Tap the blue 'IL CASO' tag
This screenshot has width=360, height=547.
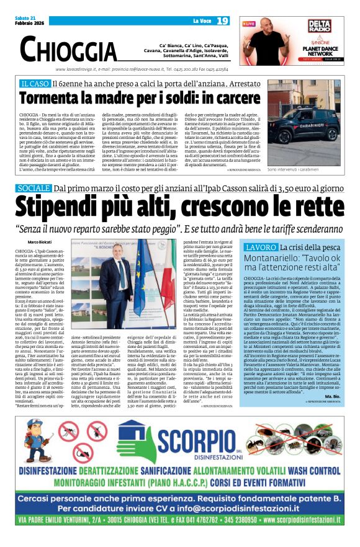click(52, 83)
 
